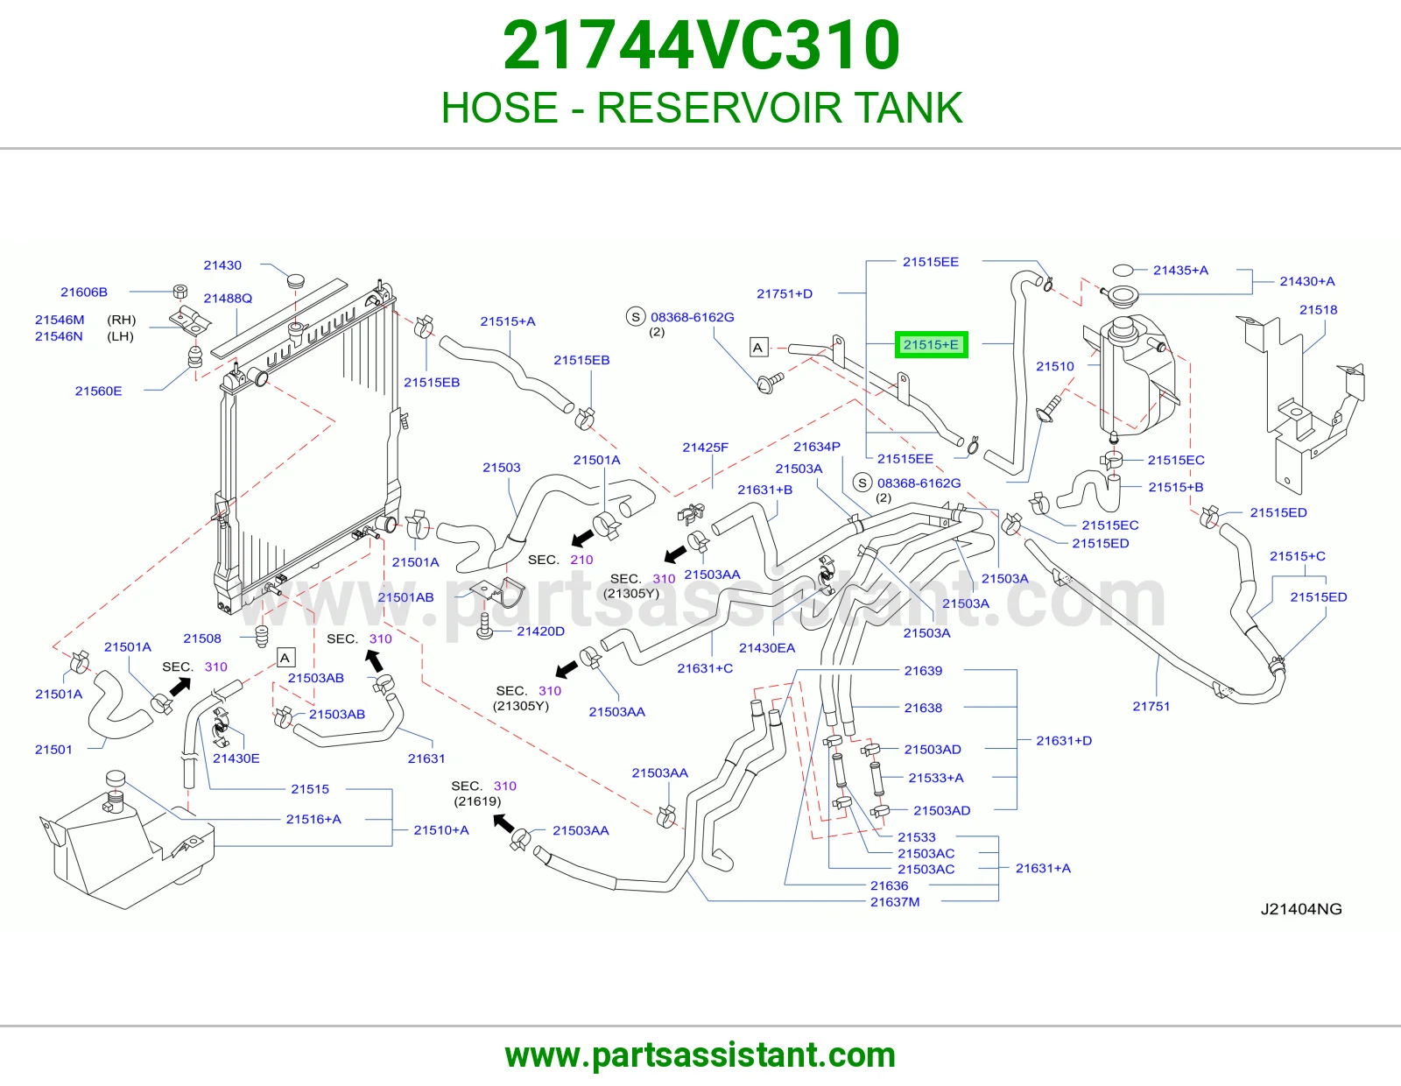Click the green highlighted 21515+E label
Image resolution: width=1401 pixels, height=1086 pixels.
[x=931, y=344]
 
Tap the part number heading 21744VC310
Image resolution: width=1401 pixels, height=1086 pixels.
[x=700, y=46]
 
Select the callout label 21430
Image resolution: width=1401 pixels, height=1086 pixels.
[x=222, y=265]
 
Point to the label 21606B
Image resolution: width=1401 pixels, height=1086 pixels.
[x=84, y=293]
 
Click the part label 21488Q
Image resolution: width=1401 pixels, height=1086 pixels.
[x=228, y=298]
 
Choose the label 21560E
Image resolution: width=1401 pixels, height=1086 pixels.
[x=98, y=391]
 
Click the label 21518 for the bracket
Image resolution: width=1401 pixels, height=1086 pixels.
[x=1318, y=309]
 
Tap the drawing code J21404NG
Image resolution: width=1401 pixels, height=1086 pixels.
[x=1301, y=909]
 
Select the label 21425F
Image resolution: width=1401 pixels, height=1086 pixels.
[x=706, y=447]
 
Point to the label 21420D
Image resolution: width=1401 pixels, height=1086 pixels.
[x=540, y=631]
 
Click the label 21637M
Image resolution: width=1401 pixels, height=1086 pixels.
[x=895, y=901]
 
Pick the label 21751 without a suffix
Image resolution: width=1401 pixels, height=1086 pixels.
[x=1151, y=706]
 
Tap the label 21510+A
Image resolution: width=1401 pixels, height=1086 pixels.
[x=441, y=830]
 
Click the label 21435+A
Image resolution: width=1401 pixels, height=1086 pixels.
[x=1180, y=271]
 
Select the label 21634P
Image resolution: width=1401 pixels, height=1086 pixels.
[x=817, y=447]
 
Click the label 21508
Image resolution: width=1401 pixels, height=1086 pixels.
[x=201, y=638]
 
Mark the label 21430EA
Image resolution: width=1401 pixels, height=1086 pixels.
[x=766, y=648]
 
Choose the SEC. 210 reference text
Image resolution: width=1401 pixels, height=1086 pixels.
[x=560, y=560]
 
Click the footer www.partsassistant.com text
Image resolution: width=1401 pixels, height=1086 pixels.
[x=700, y=1055]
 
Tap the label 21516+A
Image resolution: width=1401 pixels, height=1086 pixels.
[x=313, y=819]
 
